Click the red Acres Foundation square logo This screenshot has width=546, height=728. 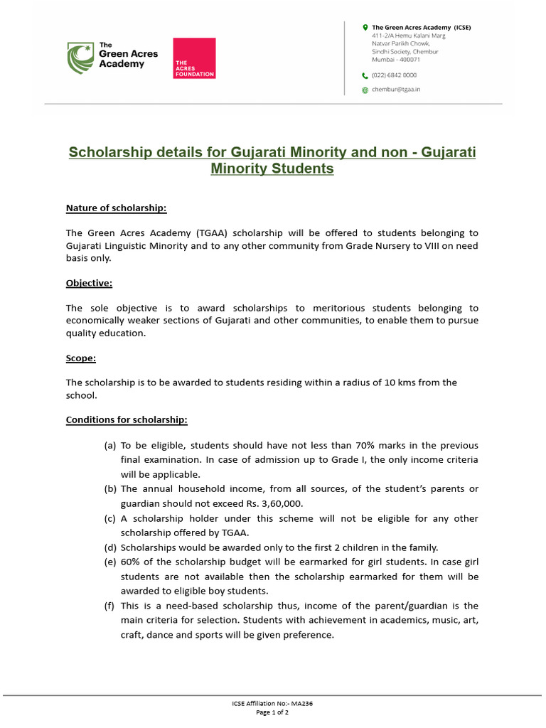[x=194, y=58]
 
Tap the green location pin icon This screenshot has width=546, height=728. [x=365, y=28]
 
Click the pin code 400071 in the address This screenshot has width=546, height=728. [x=408, y=60]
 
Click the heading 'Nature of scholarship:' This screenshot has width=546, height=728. [x=116, y=208]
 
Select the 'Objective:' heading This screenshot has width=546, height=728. [x=89, y=283]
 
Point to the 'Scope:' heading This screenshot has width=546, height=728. [x=81, y=358]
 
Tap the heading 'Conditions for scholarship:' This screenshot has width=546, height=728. [x=127, y=419]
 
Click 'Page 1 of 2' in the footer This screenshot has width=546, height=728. [x=272, y=712]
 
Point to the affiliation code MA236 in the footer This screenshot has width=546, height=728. [x=302, y=703]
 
